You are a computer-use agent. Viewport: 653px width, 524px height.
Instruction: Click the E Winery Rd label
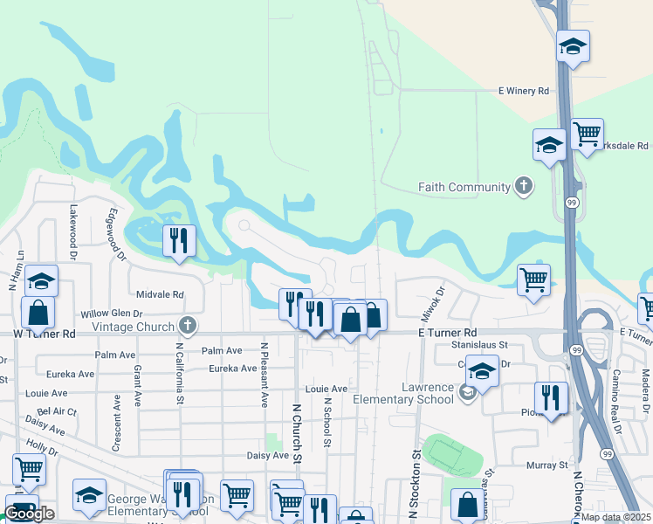point(524,90)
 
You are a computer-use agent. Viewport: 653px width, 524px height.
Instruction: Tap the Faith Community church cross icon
point(523,186)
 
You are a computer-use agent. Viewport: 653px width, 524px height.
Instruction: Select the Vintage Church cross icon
point(186,326)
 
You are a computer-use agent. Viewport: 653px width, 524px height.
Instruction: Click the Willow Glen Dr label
point(111,314)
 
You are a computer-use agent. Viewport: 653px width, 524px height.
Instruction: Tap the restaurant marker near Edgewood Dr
point(179,242)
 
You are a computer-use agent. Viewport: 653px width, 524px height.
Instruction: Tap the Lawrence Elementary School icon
point(467,394)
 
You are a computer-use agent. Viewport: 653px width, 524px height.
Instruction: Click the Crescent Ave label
point(116,423)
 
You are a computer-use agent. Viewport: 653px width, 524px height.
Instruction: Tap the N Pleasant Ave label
point(264,374)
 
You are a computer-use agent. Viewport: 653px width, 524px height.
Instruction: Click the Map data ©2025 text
point(615,517)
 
